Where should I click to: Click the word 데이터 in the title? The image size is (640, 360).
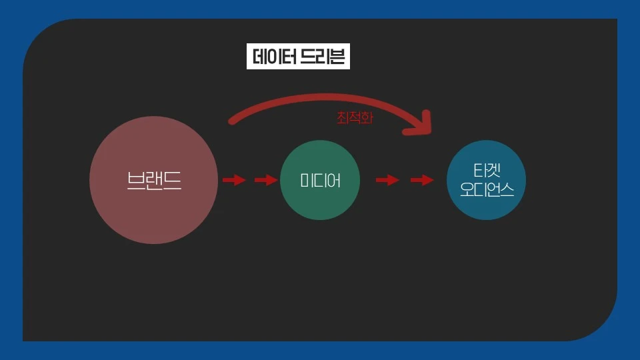(274, 57)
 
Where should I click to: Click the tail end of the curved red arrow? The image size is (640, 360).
(232, 121)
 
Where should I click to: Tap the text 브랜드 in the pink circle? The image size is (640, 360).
(153, 181)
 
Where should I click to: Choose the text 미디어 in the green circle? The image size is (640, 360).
(320, 180)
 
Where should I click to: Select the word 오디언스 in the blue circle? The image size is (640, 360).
(486, 191)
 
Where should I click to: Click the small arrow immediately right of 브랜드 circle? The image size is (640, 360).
(233, 180)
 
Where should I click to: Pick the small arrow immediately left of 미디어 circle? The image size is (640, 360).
(265, 180)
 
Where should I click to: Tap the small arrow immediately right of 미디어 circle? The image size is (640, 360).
(387, 180)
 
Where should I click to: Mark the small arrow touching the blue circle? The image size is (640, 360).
(422, 180)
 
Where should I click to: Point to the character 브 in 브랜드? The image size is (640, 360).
(135, 181)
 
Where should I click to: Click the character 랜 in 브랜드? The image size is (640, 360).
(153, 181)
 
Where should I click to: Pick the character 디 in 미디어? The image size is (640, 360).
(320, 180)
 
